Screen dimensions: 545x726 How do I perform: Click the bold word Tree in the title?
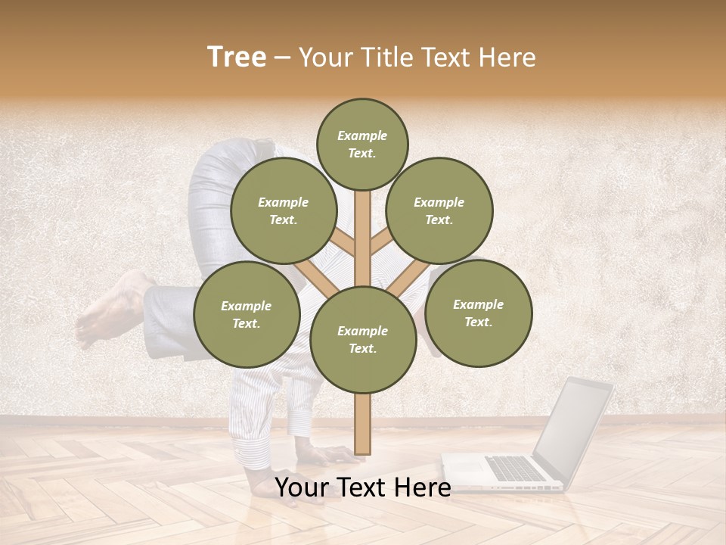pyautogui.click(x=237, y=58)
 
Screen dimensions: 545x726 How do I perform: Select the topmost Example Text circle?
pyautogui.click(x=362, y=144)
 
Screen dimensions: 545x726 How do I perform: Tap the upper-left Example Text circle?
pyautogui.click(x=283, y=210)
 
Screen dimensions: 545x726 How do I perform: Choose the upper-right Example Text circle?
pyautogui.click(x=439, y=210)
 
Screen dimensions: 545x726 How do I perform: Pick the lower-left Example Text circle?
pyautogui.click(x=246, y=314)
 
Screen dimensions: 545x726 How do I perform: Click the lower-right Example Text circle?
pyautogui.click(x=478, y=313)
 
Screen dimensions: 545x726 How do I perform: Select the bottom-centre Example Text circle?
pyautogui.click(x=363, y=339)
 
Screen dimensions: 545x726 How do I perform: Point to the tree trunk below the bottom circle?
pyautogui.click(x=363, y=424)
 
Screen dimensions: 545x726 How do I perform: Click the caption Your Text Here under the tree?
pyautogui.click(x=363, y=487)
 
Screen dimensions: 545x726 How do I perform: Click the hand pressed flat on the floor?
pyautogui.click(x=333, y=456)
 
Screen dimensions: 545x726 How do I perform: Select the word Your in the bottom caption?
pyautogui.click(x=301, y=487)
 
